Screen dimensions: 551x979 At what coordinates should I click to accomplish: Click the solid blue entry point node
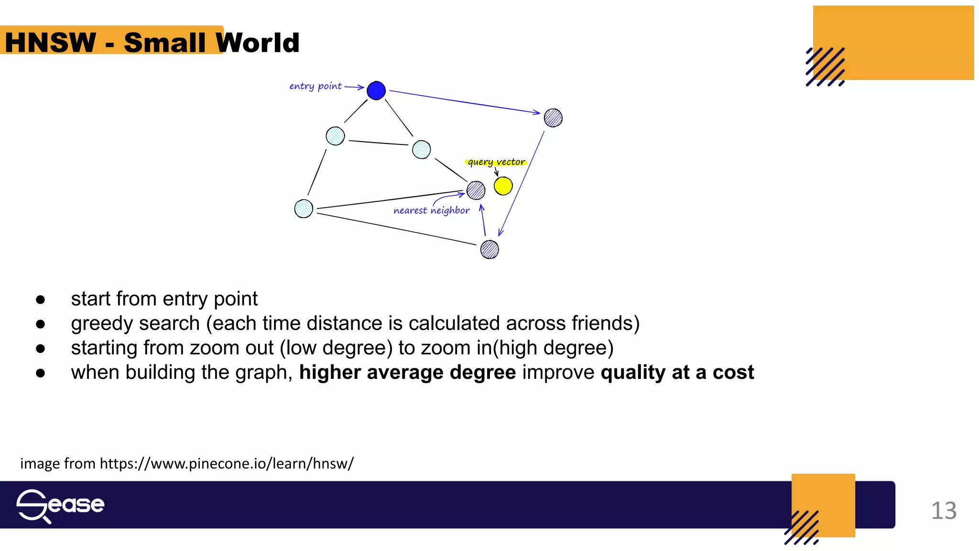[x=376, y=90]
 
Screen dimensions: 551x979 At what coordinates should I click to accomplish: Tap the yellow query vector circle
[x=503, y=186]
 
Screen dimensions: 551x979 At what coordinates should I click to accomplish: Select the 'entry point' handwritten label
[x=315, y=86]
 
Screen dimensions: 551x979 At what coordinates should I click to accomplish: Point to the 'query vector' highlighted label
[x=496, y=162]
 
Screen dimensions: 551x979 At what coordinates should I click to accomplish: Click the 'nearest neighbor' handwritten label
[x=431, y=210]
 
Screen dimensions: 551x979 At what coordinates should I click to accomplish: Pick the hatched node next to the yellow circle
[x=476, y=190]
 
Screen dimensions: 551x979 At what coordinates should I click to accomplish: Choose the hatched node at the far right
[x=553, y=118]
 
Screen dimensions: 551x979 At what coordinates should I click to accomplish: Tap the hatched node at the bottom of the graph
[x=489, y=249]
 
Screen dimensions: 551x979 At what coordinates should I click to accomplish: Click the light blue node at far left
[x=304, y=209]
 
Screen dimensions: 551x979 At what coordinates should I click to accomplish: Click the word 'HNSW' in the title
[x=51, y=43]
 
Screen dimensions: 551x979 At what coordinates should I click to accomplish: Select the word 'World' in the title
[x=258, y=43]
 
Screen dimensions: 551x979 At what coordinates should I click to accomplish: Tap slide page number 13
[x=944, y=510]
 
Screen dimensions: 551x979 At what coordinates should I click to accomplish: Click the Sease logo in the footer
[x=60, y=505]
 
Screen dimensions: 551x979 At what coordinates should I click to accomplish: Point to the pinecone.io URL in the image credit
[x=227, y=463]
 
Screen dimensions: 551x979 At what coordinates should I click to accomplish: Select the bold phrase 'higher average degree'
[x=407, y=372]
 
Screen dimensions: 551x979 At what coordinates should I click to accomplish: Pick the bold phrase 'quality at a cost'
[x=677, y=372]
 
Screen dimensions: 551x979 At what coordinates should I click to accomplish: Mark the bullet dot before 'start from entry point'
[x=41, y=300]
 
